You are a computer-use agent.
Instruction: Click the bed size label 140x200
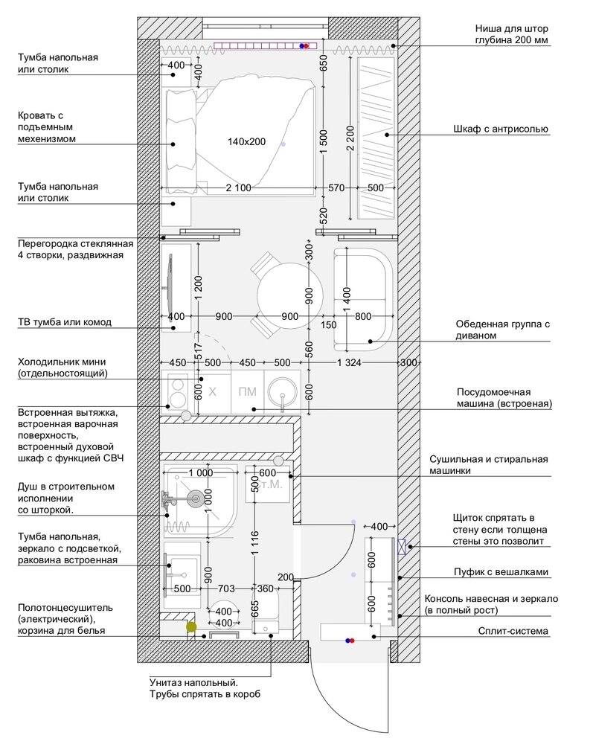pos(247,141)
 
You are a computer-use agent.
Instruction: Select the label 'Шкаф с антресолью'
pos(501,129)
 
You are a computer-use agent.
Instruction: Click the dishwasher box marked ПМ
pos(247,391)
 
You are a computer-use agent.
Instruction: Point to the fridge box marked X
pos(213,391)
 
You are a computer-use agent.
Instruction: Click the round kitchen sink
pos(282,393)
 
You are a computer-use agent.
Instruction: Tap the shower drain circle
pos(193,498)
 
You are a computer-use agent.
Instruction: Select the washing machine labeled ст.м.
pos(268,484)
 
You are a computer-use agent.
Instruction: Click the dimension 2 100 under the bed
pos(239,188)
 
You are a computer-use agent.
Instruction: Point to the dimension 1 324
pos(349,362)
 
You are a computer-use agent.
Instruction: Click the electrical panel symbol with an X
pos(402,547)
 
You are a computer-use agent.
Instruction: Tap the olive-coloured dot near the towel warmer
pos(191,627)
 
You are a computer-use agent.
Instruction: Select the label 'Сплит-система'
pos(513,631)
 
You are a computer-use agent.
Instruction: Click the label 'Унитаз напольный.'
pos(194,683)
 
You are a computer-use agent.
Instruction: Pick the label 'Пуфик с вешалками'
pos(501,571)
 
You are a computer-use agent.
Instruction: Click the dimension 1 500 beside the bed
pos(324,142)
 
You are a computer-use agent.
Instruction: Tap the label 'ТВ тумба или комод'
pos(65,322)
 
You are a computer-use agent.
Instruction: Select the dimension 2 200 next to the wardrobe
pos(350,138)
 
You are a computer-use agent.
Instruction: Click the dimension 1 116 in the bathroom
pos(254,543)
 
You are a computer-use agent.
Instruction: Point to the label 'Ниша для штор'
pos(511,28)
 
